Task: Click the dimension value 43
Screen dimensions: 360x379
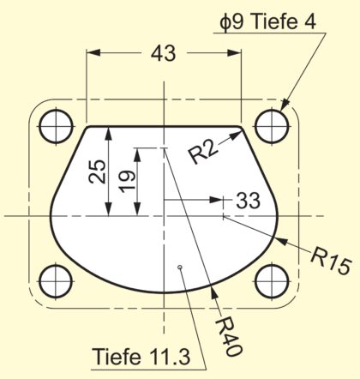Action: coord(163,54)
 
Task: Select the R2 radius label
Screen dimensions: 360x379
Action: coord(202,153)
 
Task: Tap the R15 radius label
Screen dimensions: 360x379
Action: coord(331,261)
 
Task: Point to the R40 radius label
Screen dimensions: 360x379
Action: coord(229,336)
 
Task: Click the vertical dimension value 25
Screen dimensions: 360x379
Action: coord(97,171)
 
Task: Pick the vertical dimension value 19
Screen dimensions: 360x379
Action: coord(127,181)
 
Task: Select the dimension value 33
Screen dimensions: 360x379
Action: coord(249,201)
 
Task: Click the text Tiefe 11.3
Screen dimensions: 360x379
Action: coord(141,357)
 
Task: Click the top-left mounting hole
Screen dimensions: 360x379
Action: coord(56,126)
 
